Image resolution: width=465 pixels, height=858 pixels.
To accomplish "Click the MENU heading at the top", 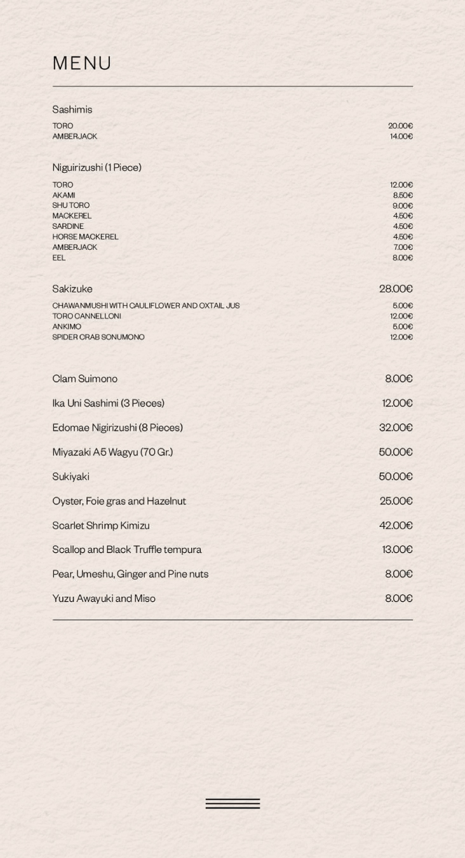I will [82, 63].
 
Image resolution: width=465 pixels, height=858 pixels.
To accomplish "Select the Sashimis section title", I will [72, 109].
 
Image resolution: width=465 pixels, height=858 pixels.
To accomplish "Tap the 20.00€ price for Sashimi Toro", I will [400, 126].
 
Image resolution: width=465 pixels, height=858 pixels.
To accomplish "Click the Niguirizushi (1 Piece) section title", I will [97, 167].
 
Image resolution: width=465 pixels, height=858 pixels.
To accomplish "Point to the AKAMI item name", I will [64, 195].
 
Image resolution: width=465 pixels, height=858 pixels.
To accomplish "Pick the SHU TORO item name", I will [71, 205].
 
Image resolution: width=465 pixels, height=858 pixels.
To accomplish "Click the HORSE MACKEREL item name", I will [85, 236].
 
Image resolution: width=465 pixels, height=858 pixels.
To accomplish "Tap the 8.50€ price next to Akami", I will [402, 195].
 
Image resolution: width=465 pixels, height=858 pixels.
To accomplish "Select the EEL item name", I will [59, 257].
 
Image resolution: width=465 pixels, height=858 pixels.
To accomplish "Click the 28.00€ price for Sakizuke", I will [396, 289].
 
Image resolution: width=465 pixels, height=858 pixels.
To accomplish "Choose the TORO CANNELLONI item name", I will [86, 316].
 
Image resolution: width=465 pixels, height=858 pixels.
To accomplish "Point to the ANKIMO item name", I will [67, 327].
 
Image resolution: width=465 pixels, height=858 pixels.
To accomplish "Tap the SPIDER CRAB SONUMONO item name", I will [98, 337].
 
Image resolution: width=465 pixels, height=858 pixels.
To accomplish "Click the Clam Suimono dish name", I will [84, 379].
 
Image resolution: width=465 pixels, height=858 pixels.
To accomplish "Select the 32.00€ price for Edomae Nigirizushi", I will [396, 428].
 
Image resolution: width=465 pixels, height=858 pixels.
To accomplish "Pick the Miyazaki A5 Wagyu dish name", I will [112, 452].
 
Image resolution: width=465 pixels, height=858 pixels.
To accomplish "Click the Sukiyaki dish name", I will [71, 477].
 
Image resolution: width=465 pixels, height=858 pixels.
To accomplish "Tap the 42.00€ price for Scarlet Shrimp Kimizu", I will [396, 526].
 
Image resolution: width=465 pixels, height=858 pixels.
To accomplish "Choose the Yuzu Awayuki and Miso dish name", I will [104, 599].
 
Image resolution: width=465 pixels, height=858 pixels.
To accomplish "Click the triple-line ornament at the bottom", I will [232, 803].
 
